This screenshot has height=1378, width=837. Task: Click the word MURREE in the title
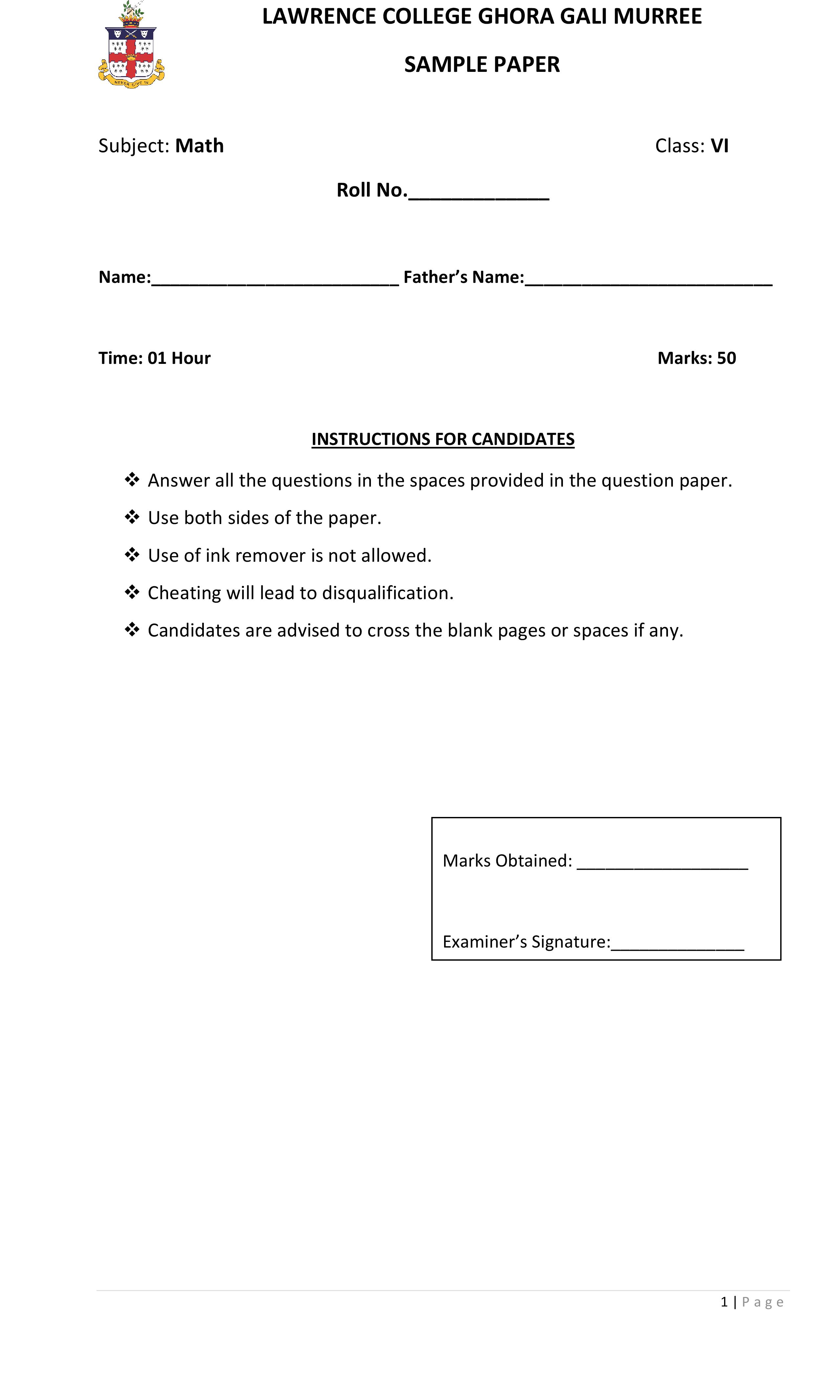[657, 17]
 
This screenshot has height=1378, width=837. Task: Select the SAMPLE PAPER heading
[482, 65]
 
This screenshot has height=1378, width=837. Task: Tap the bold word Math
[199, 146]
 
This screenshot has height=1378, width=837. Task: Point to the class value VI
[719, 146]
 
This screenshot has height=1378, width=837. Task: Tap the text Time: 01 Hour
[154, 358]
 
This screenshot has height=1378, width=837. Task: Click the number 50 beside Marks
[726, 358]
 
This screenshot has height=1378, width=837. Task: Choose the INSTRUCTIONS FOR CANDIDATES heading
[442, 439]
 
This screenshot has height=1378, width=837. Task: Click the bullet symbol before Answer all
[132, 479]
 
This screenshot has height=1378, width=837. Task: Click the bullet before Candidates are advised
[132, 629]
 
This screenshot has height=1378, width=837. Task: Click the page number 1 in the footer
[724, 1302]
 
